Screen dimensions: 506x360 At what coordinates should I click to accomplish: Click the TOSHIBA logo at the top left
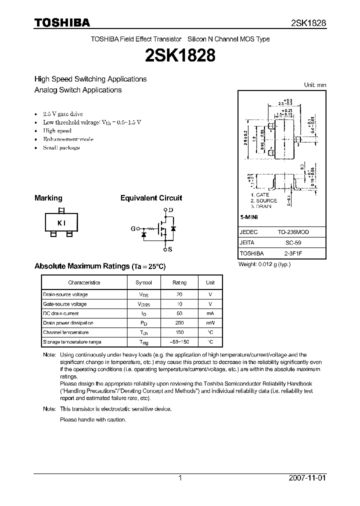(x=61, y=22)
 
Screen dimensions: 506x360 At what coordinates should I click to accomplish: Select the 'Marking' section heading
(x=48, y=198)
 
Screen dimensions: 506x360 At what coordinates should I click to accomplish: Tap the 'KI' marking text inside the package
(x=61, y=223)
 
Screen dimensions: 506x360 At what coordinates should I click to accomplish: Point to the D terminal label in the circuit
(x=171, y=209)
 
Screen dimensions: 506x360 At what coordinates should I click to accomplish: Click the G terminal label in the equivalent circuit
(x=133, y=229)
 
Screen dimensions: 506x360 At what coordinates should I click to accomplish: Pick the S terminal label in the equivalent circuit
(x=170, y=249)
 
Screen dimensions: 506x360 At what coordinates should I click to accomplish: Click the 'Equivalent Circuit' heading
(x=151, y=198)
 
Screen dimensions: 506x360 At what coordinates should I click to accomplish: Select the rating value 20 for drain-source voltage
(x=179, y=294)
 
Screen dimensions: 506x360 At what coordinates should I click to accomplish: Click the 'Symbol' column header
(x=143, y=282)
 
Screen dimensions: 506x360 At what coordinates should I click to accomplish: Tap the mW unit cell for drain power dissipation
(x=210, y=323)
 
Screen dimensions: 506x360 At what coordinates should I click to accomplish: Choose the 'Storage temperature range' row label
(x=72, y=342)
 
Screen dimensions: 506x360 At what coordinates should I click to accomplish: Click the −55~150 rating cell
(x=179, y=342)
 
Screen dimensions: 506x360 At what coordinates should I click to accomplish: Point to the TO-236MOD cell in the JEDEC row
(x=293, y=232)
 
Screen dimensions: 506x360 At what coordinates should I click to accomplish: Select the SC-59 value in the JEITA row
(x=293, y=243)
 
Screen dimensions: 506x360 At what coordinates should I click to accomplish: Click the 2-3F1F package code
(x=293, y=253)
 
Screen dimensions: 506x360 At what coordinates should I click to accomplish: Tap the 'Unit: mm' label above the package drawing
(x=315, y=85)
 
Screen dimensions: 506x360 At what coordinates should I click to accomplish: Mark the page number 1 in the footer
(x=180, y=478)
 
